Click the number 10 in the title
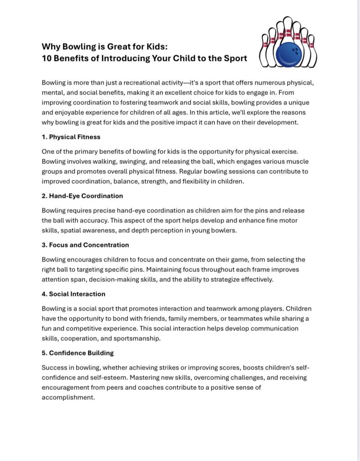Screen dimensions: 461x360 click(x=46, y=59)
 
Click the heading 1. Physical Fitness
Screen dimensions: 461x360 click(x=71, y=136)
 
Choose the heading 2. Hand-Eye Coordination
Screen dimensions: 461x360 click(x=82, y=196)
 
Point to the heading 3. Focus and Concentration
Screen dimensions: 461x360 click(x=85, y=245)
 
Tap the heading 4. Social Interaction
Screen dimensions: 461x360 click(x=74, y=294)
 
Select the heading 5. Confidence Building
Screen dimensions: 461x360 click(x=78, y=353)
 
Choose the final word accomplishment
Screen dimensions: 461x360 click(x=68, y=397)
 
